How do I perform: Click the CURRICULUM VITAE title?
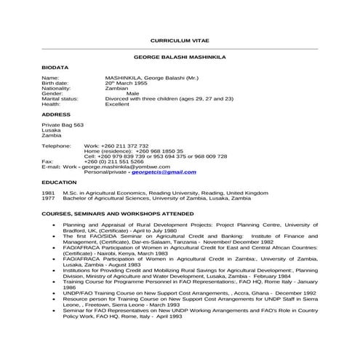pos(179,41)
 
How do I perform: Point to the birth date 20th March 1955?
pos(129,82)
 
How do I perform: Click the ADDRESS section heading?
pos(56,114)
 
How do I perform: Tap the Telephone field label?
pos(56,145)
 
